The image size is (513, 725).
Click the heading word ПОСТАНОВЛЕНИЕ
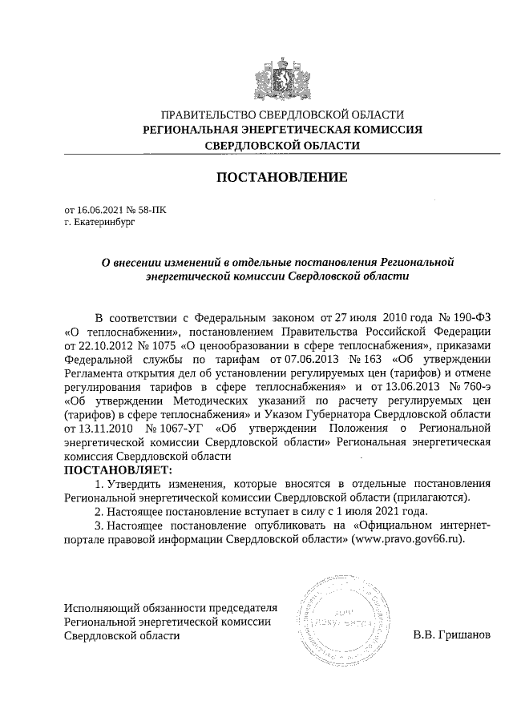point(282,177)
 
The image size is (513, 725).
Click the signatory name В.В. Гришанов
point(450,635)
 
